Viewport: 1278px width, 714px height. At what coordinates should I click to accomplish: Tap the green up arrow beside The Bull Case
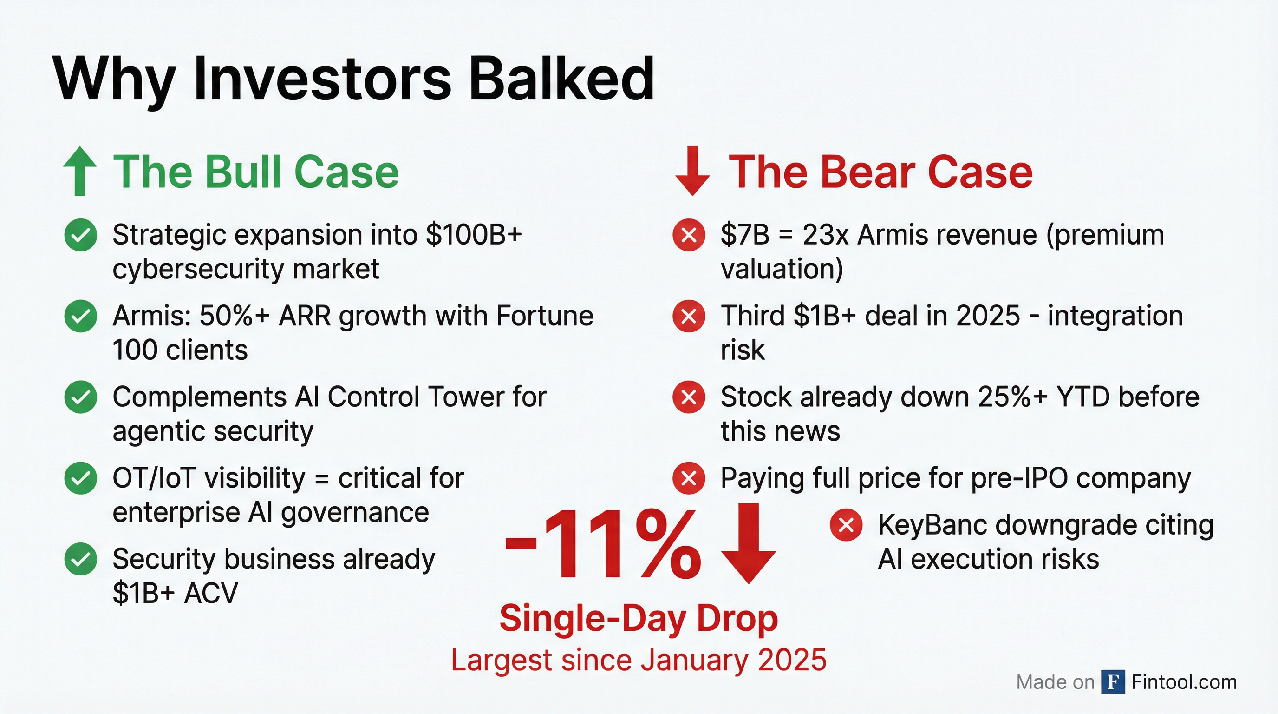[x=80, y=172]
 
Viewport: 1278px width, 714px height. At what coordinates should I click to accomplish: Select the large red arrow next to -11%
[x=748, y=543]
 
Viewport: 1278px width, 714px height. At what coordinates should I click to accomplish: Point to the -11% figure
[x=602, y=544]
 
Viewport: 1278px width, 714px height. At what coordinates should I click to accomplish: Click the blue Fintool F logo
[x=1113, y=682]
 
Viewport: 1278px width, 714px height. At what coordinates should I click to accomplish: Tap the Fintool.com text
[x=1184, y=682]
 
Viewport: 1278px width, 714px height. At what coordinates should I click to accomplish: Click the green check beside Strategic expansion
[x=80, y=235]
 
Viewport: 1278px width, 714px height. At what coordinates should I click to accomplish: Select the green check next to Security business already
[x=80, y=559]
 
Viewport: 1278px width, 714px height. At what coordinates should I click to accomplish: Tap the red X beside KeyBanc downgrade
[x=846, y=525]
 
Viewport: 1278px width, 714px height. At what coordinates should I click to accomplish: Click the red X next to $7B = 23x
[x=689, y=235]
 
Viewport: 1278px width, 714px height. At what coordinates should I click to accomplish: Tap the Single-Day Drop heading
[x=639, y=619]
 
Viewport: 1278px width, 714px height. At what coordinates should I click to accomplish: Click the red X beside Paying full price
[x=689, y=478]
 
